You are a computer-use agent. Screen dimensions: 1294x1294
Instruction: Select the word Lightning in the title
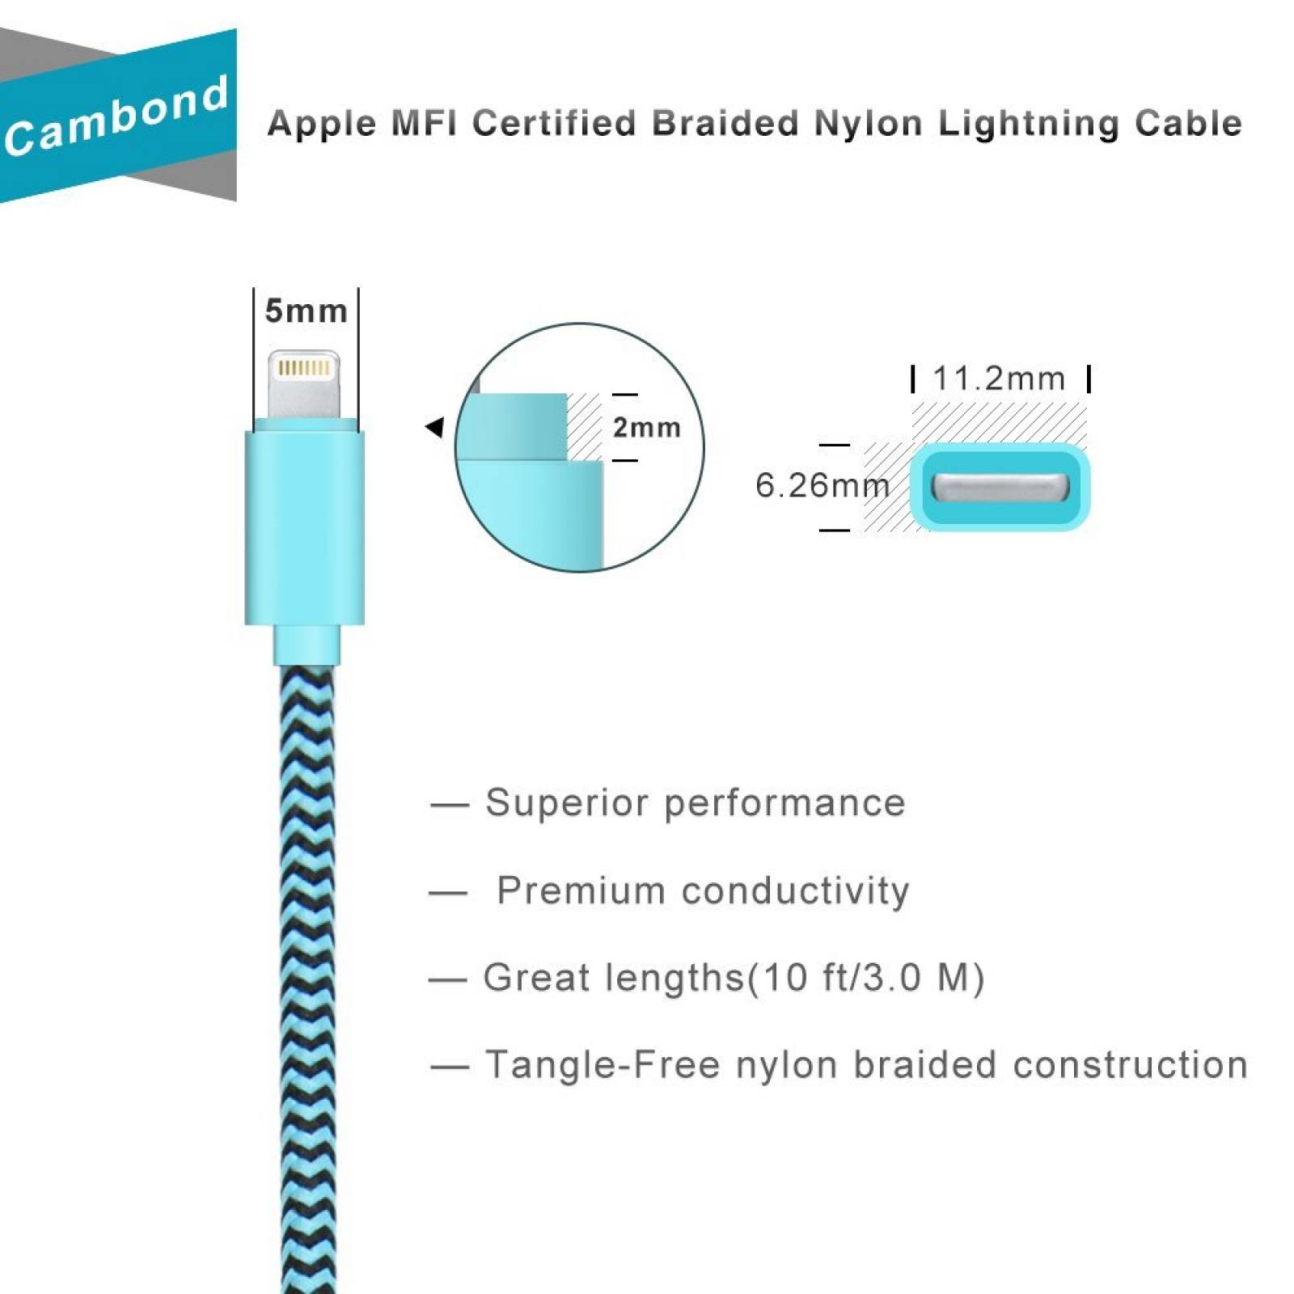pyautogui.click(x=1026, y=124)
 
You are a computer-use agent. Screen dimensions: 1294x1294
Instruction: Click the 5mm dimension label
pyautogui.click(x=306, y=311)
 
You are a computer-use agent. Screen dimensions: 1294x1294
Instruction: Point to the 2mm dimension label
pyautogui.click(x=646, y=427)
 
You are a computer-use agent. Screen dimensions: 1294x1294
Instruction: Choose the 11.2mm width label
pyautogui.click(x=999, y=378)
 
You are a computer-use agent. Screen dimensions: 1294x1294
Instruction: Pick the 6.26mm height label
pyautogui.click(x=822, y=485)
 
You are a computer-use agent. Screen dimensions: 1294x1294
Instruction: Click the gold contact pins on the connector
pyautogui.click(x=304, y=369)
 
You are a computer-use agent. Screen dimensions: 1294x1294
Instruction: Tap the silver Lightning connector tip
pyautogui.click(x=304, y=385)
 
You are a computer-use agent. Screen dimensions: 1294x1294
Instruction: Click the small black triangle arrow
pyautogui.click(x=435, y=426)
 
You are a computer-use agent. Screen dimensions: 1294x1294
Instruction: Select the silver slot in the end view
pyautogui.click(x=1000, y=487)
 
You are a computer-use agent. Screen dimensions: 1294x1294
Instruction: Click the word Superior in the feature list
pyautogui.click(x=566, y=803)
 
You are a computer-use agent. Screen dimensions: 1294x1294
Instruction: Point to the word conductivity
pyautogui.click(x=796, y=891)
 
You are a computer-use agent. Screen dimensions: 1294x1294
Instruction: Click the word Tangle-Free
pyautogui.click(x=602, y=1064)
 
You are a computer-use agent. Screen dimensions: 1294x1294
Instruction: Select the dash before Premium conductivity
pyautogui.click(x=448, y=893)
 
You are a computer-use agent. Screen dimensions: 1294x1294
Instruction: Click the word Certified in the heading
pyautogui.click(x=555, y=124)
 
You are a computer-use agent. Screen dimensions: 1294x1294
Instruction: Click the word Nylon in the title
pyautogui.click(x=868, y=124)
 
